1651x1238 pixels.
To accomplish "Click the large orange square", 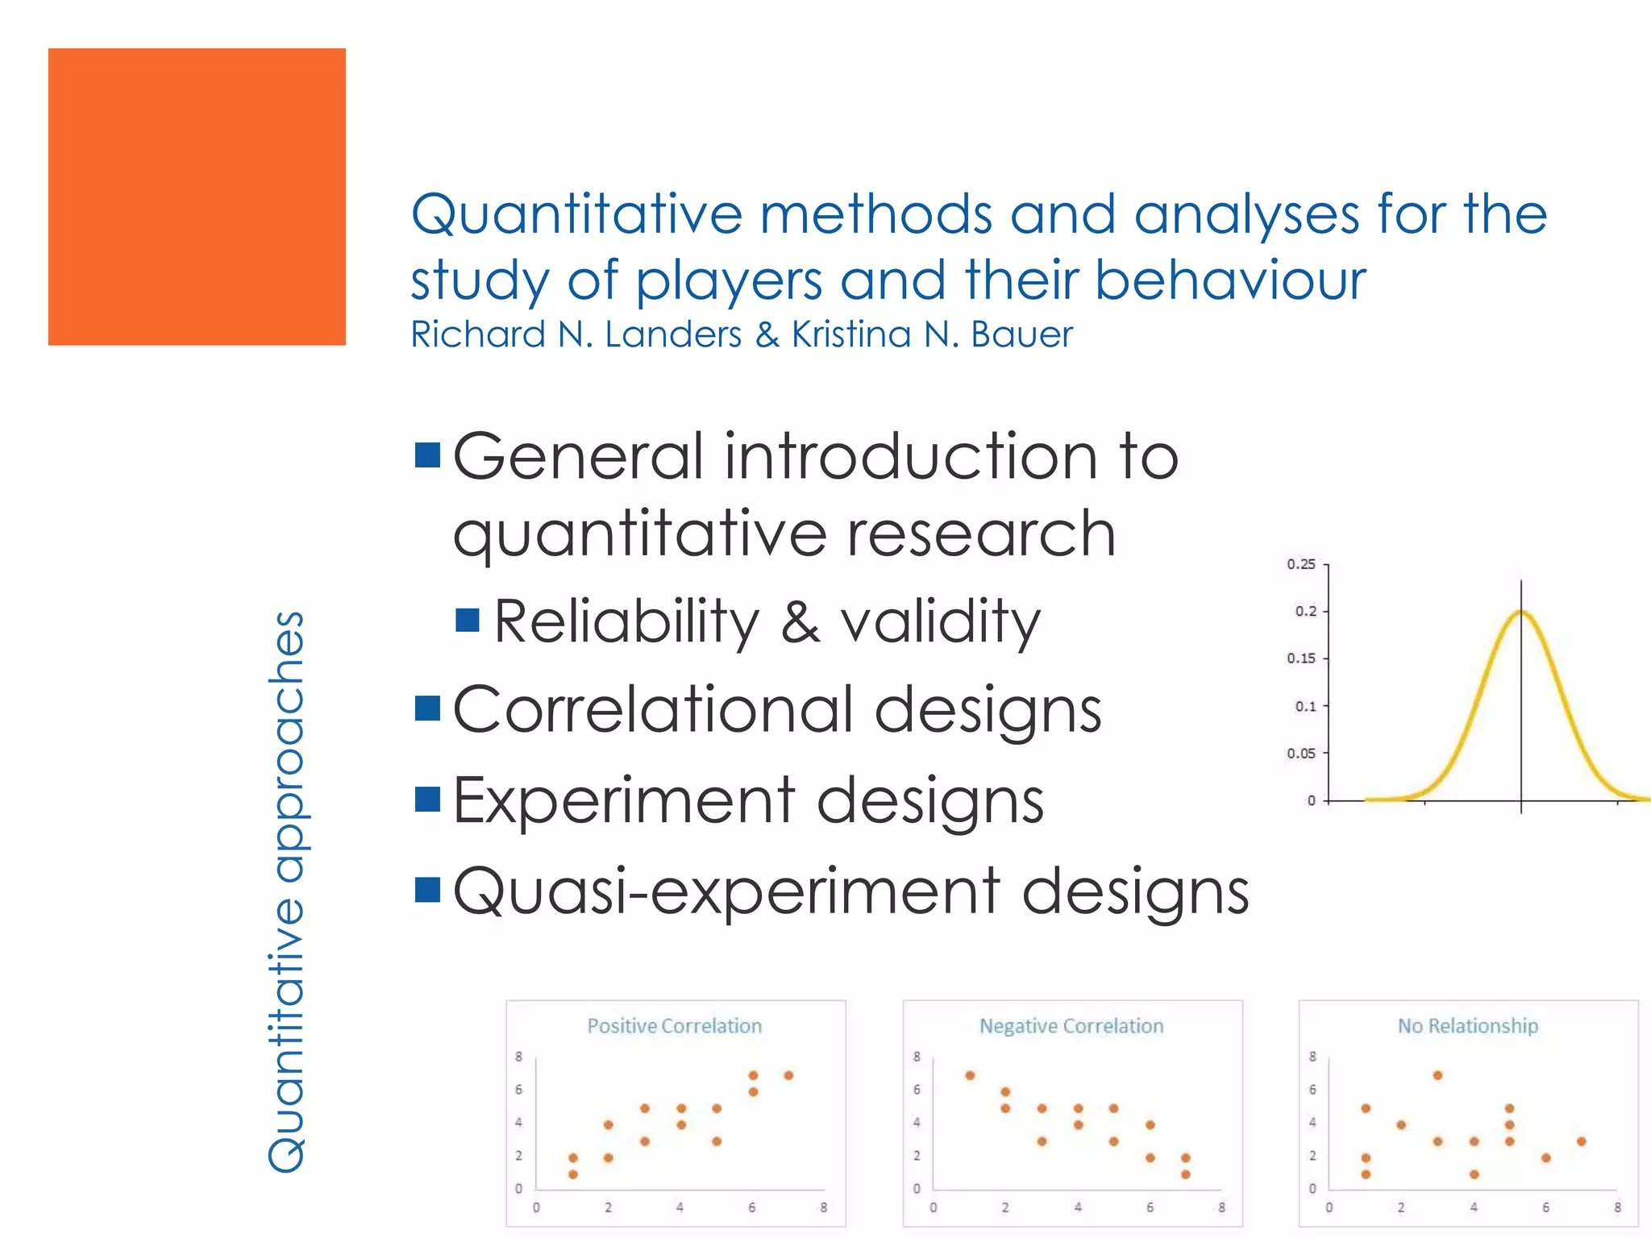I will [197, 197].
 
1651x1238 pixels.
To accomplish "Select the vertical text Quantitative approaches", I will [286, 891].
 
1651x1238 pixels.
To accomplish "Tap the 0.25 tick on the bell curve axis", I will [1301, 564].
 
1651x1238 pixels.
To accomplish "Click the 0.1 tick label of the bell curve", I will [1305, 706].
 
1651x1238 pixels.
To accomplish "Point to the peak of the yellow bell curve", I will [1521, 613].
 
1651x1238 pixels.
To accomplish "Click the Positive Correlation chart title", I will [674, 1026].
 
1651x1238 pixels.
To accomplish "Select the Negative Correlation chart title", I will [1071, 1026].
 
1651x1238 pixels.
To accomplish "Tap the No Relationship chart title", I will [1468, 1026].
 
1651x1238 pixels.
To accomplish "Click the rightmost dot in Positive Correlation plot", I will [788, 1075].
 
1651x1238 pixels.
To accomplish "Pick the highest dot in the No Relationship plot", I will [1437, 1075].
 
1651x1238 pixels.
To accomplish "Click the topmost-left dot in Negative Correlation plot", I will [970, 1075].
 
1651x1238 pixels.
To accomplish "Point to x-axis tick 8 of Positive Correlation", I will [823, 1207].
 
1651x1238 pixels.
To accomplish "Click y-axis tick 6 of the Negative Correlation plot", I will [917, 1090].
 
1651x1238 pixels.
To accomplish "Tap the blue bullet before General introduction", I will [427, 455].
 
